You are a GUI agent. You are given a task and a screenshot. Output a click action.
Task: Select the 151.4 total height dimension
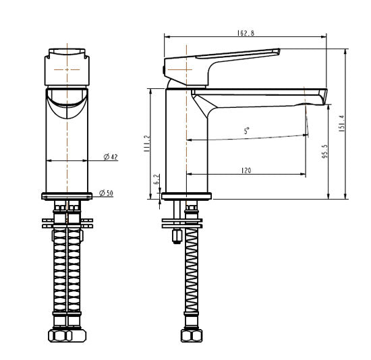coord(341,123)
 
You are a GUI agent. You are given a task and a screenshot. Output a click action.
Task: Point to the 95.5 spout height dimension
coord(324,153)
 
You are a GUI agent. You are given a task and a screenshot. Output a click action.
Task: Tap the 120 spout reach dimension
coord(246,171)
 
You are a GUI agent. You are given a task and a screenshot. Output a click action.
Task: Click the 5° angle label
coord(247,132)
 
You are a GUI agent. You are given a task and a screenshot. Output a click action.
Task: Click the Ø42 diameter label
coord(111,157)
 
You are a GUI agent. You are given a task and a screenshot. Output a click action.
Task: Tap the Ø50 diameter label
coord(107,193)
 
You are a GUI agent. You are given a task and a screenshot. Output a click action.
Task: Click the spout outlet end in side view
coord(320,96)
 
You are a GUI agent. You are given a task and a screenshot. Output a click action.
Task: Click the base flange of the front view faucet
coord(67,196)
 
